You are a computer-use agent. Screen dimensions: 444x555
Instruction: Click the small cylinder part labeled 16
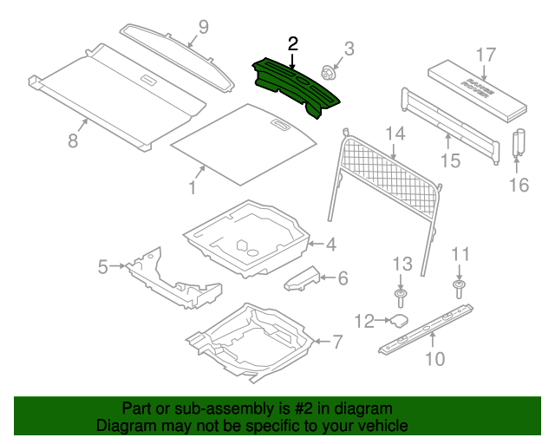521,141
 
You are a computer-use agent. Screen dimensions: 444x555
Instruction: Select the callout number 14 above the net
395,133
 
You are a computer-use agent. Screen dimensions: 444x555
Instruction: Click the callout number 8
73,138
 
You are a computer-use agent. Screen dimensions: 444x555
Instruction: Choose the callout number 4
330,245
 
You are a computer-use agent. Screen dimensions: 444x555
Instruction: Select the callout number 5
103,267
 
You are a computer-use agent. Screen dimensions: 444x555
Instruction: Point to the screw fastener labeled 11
460,285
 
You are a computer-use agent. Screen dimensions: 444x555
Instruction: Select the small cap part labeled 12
399,320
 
